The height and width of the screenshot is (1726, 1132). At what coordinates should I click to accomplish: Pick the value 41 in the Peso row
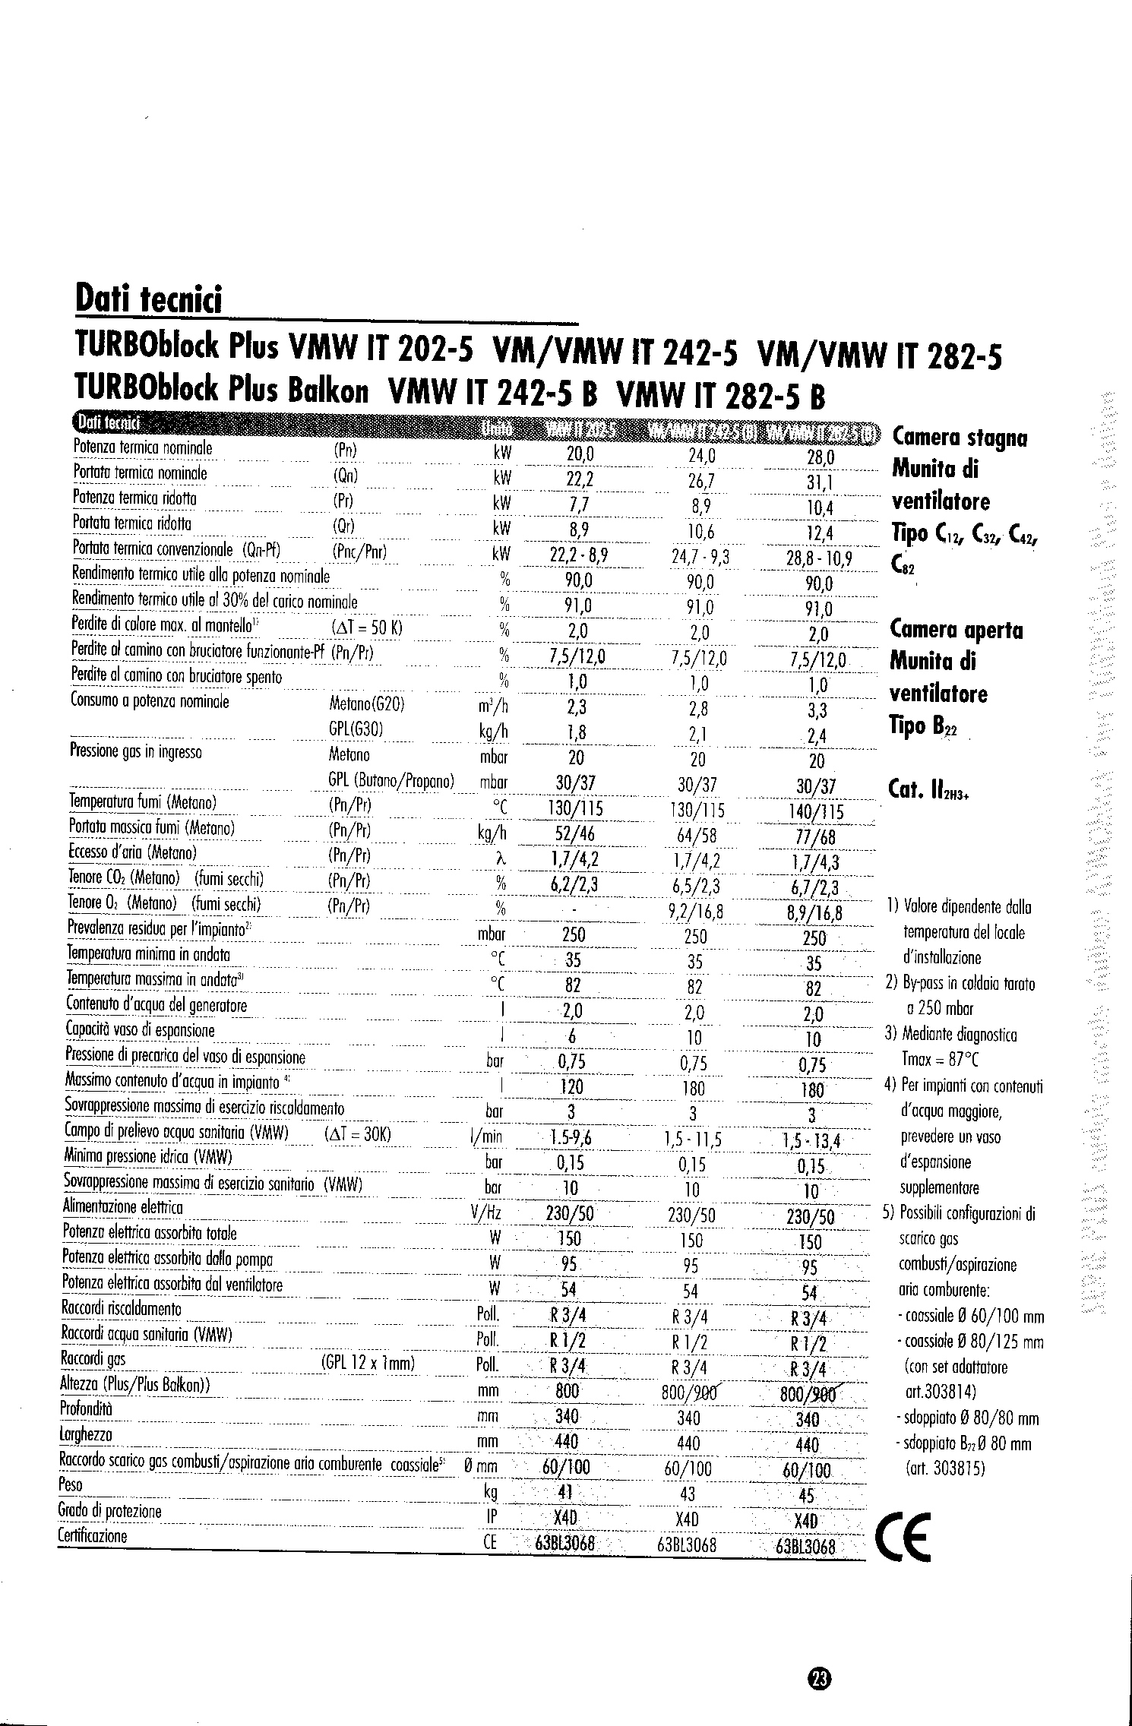[564, 1491]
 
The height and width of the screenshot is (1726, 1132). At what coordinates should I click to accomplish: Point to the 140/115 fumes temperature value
[816, 812]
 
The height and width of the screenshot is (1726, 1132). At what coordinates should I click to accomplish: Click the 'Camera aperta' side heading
[956, 631]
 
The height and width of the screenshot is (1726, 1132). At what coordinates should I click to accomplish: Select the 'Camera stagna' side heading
[960, 438]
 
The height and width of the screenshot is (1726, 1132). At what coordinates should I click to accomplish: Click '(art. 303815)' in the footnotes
[945, 1468]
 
